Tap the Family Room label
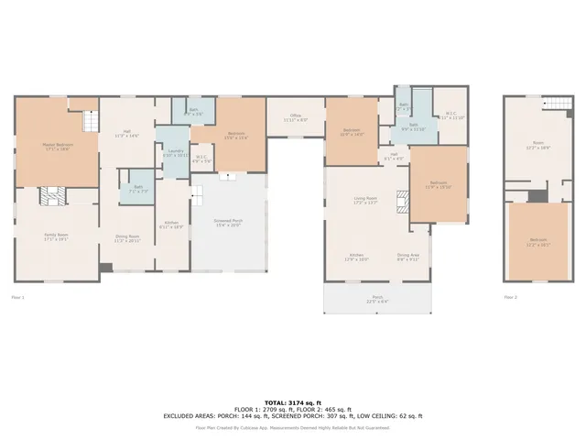pos(57,236)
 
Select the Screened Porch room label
pos(227,223)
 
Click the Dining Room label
pos(127,237)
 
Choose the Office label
pos(296,117)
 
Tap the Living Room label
pos(366,200)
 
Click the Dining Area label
pos(407,258)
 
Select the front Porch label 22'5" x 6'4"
pos(377,299)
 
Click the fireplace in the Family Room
pos(50,195)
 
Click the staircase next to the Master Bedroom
pos(90,120)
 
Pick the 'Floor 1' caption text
pos(17,297)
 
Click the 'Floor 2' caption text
pos(510,297)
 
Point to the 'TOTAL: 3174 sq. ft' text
pos(292,402)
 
